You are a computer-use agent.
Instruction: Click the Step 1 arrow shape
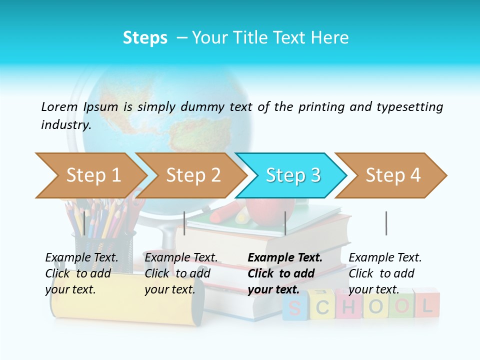pyautogui.click(x=90, y=175)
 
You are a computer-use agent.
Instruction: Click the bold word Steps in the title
pyautogui.click(x=145, y=37)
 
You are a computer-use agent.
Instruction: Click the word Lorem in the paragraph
pyautogui.click(x=59, y=106)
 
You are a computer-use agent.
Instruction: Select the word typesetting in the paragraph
pyautogui.click(x=409, y=107)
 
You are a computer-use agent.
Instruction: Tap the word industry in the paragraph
pyautogui.click(x=65, y=125)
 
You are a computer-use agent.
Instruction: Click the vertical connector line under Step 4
pyautogui.click(x=386, y=223)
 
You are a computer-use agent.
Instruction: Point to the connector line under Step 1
pyautogui.click(x=84, y=223)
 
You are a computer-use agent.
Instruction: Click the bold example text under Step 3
pyautogui.click(x=284, y=273)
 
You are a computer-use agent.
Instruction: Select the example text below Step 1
pyautogui.click(x=81, y=273)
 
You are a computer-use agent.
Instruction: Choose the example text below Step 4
pyautogui.click(x=384, y=273)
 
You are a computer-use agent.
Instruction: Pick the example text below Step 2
pyautogui.click(x=181, y=273)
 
